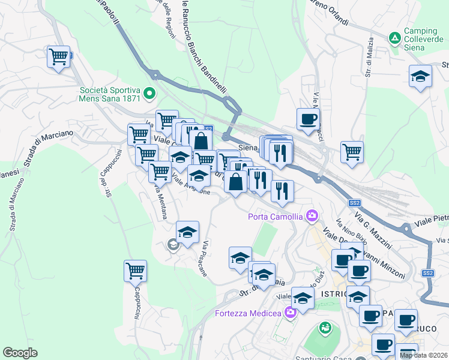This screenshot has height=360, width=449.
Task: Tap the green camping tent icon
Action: pyautogui.click(x=394, y=38)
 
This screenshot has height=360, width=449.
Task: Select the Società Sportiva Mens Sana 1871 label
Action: pyautogui.click(x=110, y=95)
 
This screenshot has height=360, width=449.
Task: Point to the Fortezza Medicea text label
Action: pyautogui.click(x=247, y=313)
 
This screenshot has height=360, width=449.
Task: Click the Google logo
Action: pyautogui.click(x=20, y=353)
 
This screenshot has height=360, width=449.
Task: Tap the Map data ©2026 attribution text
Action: pyautogui.click(x=424, y=355)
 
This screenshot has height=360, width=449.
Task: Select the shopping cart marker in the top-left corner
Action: pyautogui.click(x=59, y=58)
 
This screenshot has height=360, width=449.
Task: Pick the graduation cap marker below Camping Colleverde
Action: pyautogui.click(x=420, y=77)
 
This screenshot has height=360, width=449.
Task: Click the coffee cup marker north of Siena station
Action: pyautogui.click(x=308, y=119)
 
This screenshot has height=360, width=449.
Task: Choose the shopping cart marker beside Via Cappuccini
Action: pyautogui.click(x=135, y=271)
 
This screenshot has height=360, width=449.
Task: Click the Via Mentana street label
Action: pyautogui.click(x=160, y=202)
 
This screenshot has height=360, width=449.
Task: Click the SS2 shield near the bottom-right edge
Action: pyautogui.click(x=427, y=273)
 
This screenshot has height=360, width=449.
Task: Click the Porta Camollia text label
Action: pyautogui.click(x=277, y=216)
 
